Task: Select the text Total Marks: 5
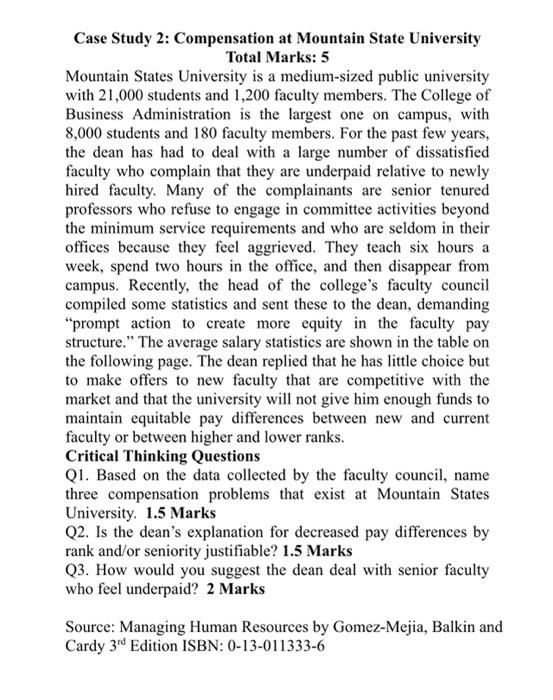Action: (276, 57)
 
